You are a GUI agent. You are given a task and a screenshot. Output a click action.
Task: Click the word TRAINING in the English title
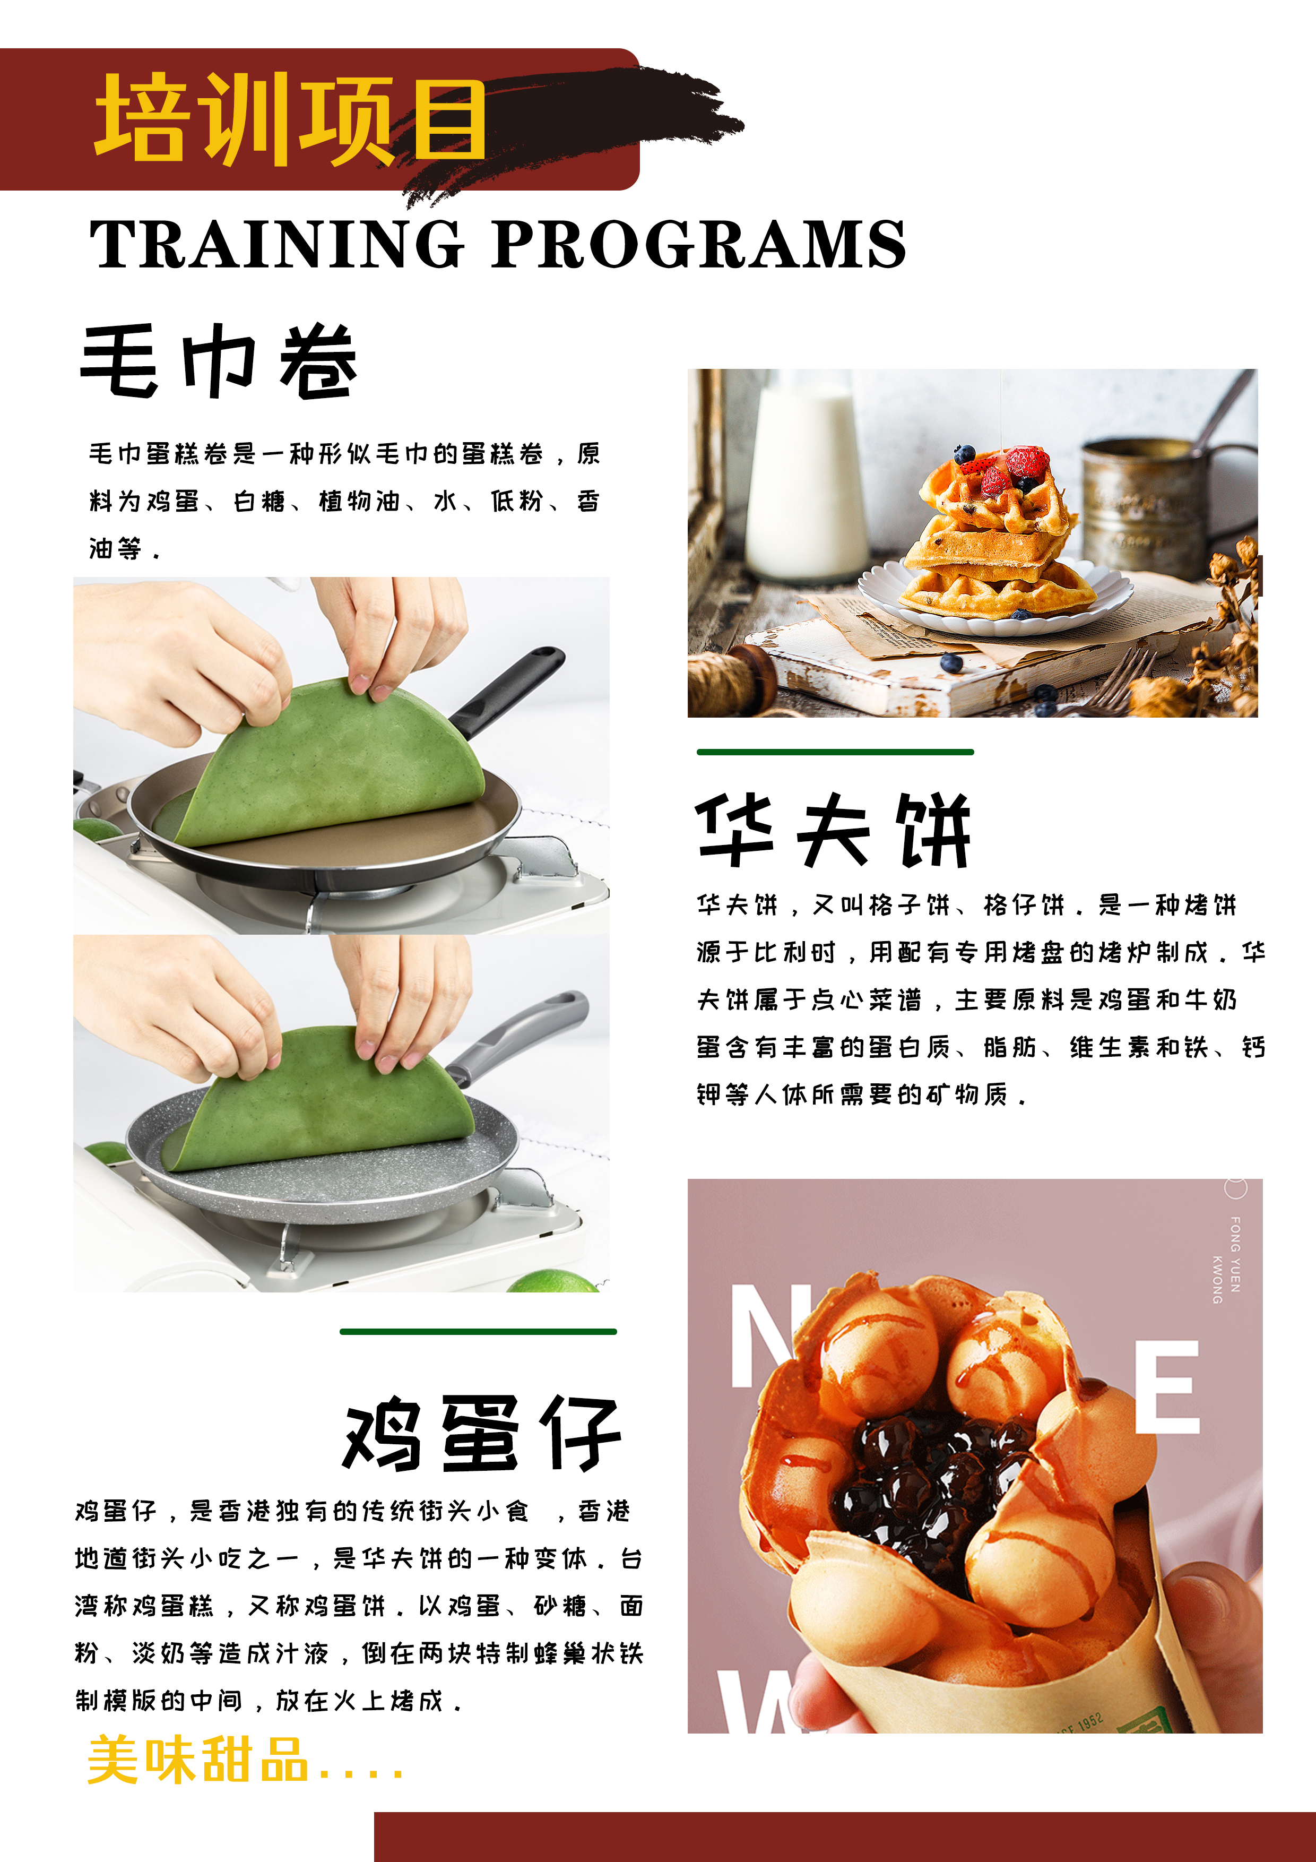[276, 243]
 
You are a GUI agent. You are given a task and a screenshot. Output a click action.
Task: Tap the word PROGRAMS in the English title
[698, 243]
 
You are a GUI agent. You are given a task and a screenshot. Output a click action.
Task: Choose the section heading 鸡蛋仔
[482, 1435]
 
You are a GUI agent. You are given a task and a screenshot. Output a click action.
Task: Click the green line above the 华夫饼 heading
[835, 752]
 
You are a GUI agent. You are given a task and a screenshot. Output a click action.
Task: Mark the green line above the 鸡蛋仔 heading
[479, 1331]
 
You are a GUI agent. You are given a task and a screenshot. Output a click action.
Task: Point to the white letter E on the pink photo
[1166, 1387]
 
